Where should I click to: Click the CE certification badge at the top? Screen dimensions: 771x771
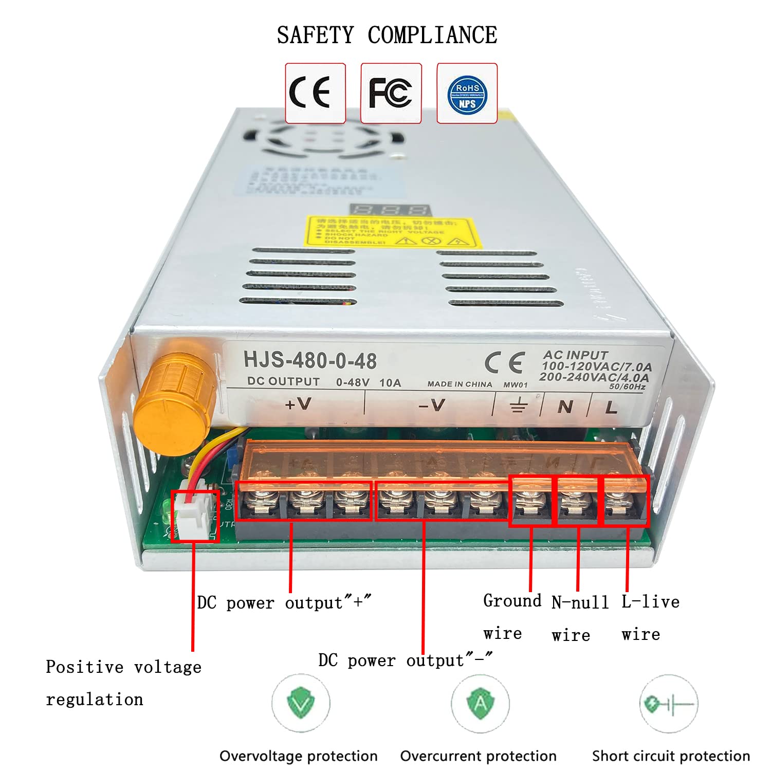tap(315, 93)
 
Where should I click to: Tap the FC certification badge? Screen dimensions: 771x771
tap(391, 93)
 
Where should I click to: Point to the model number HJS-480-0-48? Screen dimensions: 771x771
tap(310, 360)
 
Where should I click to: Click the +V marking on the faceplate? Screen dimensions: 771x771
tap(298, 405)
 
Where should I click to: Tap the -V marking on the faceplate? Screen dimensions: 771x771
tap(432, 406)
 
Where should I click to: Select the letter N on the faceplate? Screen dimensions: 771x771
tap(565, 407)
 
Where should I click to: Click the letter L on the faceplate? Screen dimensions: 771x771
tap(611, 408)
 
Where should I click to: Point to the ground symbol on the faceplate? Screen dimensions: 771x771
tap(519, 406)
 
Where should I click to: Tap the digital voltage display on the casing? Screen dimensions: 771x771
tap(390, 210)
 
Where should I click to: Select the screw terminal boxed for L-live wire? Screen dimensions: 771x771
tap(626, 501)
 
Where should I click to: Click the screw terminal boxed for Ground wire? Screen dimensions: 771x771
tap(530, 501)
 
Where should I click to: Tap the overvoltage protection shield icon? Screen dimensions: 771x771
tap(301, 703)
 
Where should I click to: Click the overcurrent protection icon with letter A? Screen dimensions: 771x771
tap(480, 703)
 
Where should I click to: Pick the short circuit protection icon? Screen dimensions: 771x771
tap(668, 703)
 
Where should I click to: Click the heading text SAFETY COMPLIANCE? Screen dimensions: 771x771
tap(387, 35)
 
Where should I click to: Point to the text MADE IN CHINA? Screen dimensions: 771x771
tap(460, 384)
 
